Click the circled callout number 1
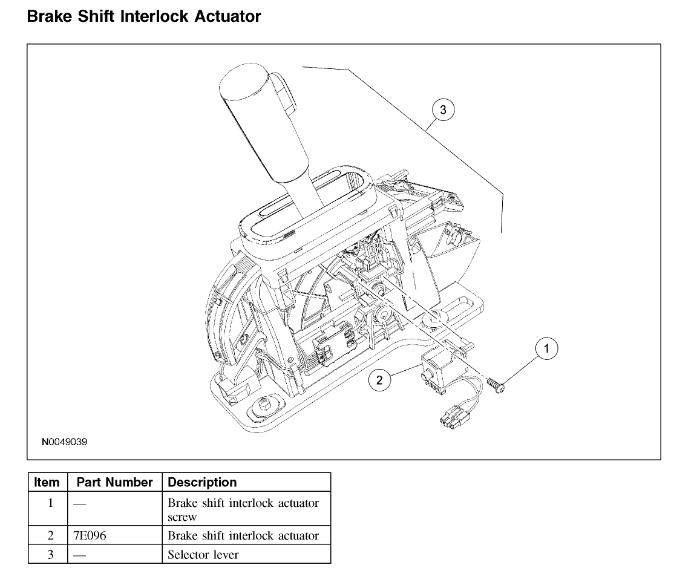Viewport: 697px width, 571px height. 547,348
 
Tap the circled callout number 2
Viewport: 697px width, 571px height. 379,380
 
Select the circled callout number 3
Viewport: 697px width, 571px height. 443,109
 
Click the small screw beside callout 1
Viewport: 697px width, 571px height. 495,385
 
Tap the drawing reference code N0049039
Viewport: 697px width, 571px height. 64,442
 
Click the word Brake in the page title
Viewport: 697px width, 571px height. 49,16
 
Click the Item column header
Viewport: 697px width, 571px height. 47,483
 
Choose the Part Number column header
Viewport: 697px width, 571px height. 114,483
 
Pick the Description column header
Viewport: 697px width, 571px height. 202,483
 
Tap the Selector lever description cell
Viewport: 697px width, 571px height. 203,554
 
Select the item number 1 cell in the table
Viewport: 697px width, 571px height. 50,503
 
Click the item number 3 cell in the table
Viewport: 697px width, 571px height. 50,554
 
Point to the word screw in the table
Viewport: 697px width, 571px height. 182,517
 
